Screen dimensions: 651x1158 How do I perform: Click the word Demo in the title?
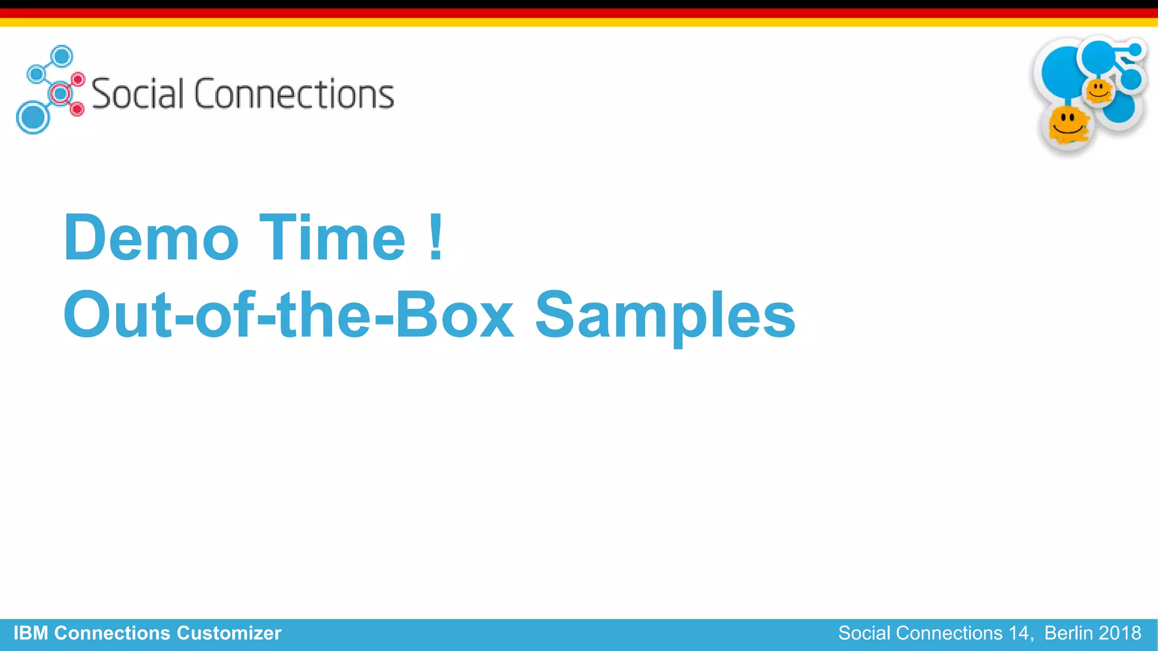click(x=151, y=238)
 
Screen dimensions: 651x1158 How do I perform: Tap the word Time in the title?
click(x=332, y=238)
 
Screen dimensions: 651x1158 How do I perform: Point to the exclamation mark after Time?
click(x=435, y=238)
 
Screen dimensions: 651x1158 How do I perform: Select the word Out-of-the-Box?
click(x=288, y=315)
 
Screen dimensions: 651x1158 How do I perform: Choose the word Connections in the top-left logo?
click(x=294, y=94)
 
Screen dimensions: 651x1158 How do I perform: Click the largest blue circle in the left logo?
click(x=33, y=118)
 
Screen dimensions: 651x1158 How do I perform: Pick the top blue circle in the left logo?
click(x=62, y=57)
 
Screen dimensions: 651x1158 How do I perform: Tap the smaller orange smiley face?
click(x=1099, y=90)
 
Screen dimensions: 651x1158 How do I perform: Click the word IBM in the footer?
click(x=31, y=633)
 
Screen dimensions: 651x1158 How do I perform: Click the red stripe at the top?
click(x=579, y=13)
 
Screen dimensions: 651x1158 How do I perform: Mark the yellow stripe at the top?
click(x=579, y=22)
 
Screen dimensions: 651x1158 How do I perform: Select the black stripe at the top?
click(x=579, y=4)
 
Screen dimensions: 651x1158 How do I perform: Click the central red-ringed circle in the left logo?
click(x=59, y=93)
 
